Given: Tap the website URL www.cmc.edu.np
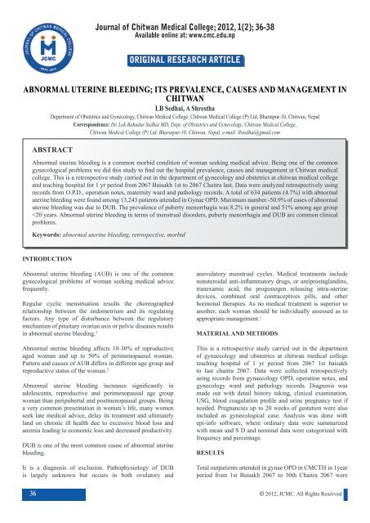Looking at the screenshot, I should point(250,21).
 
